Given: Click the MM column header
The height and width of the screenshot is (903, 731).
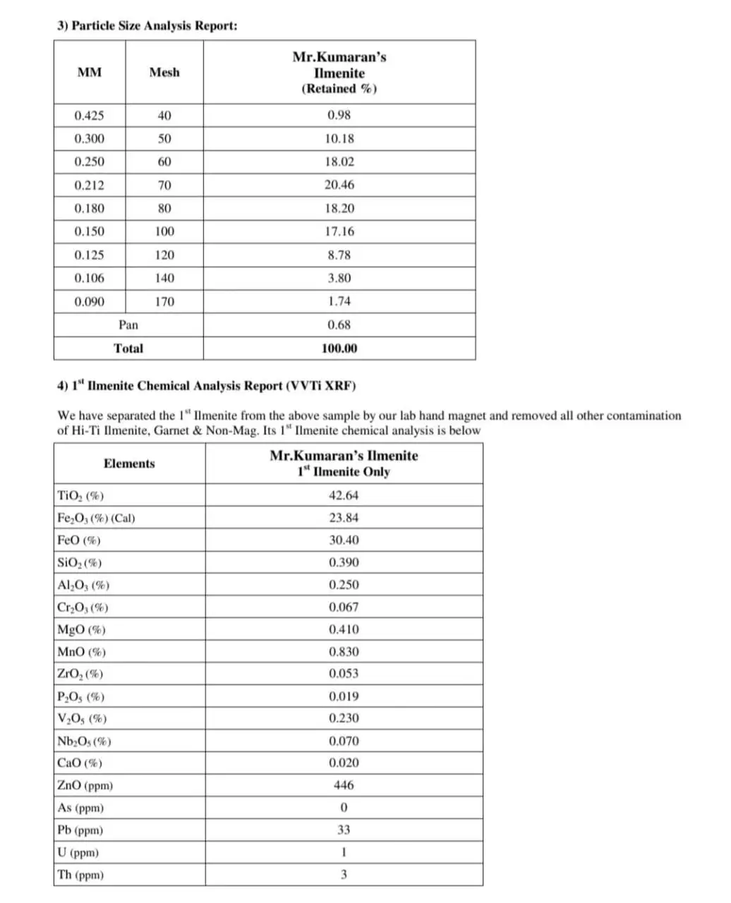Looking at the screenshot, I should click(x=90, y=72).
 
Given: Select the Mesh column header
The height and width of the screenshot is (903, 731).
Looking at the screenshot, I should click(x=164, y=72).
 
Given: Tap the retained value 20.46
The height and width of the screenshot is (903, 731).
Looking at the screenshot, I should click(x=339, y=185).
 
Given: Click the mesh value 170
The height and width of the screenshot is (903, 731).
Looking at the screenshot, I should click(x=164, y=302).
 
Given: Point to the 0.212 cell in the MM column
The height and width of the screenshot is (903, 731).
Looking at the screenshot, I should click(x=90, y=186).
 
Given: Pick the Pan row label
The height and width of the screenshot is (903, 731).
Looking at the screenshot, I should click(x=128, y=325).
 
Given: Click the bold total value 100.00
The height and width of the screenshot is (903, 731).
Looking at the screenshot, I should click(x=339, y=349).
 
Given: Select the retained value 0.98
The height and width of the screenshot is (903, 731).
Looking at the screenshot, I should click(x=339, y=115).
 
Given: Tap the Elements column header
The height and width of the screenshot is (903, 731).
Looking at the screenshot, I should click(x=129, y=463).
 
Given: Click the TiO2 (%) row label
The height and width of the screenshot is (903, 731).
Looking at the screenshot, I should click(x=80, y=495).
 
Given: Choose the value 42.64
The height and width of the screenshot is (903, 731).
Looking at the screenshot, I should click(x=344, y=495).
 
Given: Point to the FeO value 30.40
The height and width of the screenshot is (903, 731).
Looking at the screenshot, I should click(x=344, y=540).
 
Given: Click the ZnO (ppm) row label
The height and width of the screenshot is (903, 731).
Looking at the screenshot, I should click(x=85, y=785).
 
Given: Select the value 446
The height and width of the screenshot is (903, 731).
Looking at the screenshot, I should click(x=344, y=785).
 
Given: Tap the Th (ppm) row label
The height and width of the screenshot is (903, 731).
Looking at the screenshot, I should click(x=80, y=875).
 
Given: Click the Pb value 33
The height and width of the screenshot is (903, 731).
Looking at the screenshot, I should click(x=344, y=830).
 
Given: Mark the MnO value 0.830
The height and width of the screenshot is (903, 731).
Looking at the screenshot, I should click(x=344, y=652).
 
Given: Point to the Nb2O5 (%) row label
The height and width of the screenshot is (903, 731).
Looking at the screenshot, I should click(x=84, y=741).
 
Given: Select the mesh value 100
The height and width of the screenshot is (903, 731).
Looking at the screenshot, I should click(x=164, y=231).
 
